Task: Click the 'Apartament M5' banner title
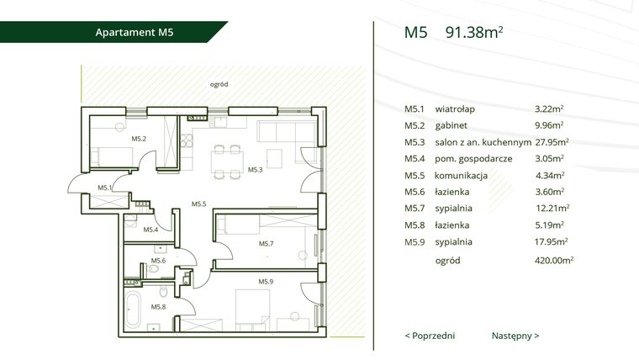[x=135, y=32]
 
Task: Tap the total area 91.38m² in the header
[x=474, y=32]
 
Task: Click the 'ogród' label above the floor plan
[x=219, y=84]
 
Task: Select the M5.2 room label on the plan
[x=139, y=139]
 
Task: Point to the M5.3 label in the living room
[x=255, y=170]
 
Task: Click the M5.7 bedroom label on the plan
[x=267, y=244]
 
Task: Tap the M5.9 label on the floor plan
[x=266, y=281]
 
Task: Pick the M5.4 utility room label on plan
[x=151, y=230]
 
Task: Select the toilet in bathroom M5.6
[x=153, y=268]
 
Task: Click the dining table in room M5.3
[x=227, y=162]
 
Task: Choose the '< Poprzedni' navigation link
[x=430, y=336]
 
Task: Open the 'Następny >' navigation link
[x=515, y=336]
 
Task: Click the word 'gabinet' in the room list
[x=452, y=125]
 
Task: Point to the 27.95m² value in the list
[x=552, y=142]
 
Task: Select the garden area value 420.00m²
[x=554, y=260]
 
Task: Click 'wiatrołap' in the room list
[x=455, y=109]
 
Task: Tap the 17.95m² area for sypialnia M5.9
[x=552, y=241]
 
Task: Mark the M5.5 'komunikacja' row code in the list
[x=415, y=175]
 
